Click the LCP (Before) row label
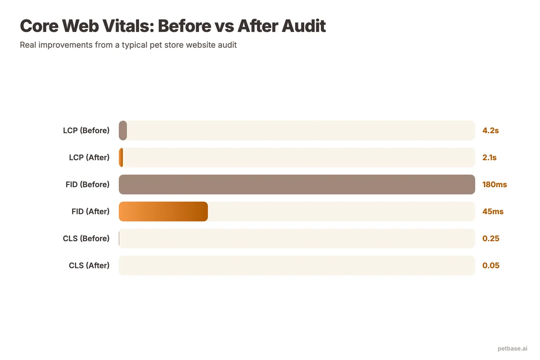click(86, 130)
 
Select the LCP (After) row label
click(89, 157)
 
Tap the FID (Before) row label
click(87, 184)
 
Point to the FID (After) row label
click(90, 211)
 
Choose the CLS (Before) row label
click(86, 238)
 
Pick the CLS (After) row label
click(89, 265)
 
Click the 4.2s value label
click(490, 130)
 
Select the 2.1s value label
click(490, 157)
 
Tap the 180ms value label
click(495, 184)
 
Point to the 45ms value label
click(493, 211)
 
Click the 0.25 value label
click(491, 238)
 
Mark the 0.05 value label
click(491, 265)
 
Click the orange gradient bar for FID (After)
click(163, 211)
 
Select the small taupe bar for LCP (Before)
click(123, 130)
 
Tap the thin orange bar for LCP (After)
click(121, 157)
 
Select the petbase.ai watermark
click(513, 348)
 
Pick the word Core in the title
click(39, 26)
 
